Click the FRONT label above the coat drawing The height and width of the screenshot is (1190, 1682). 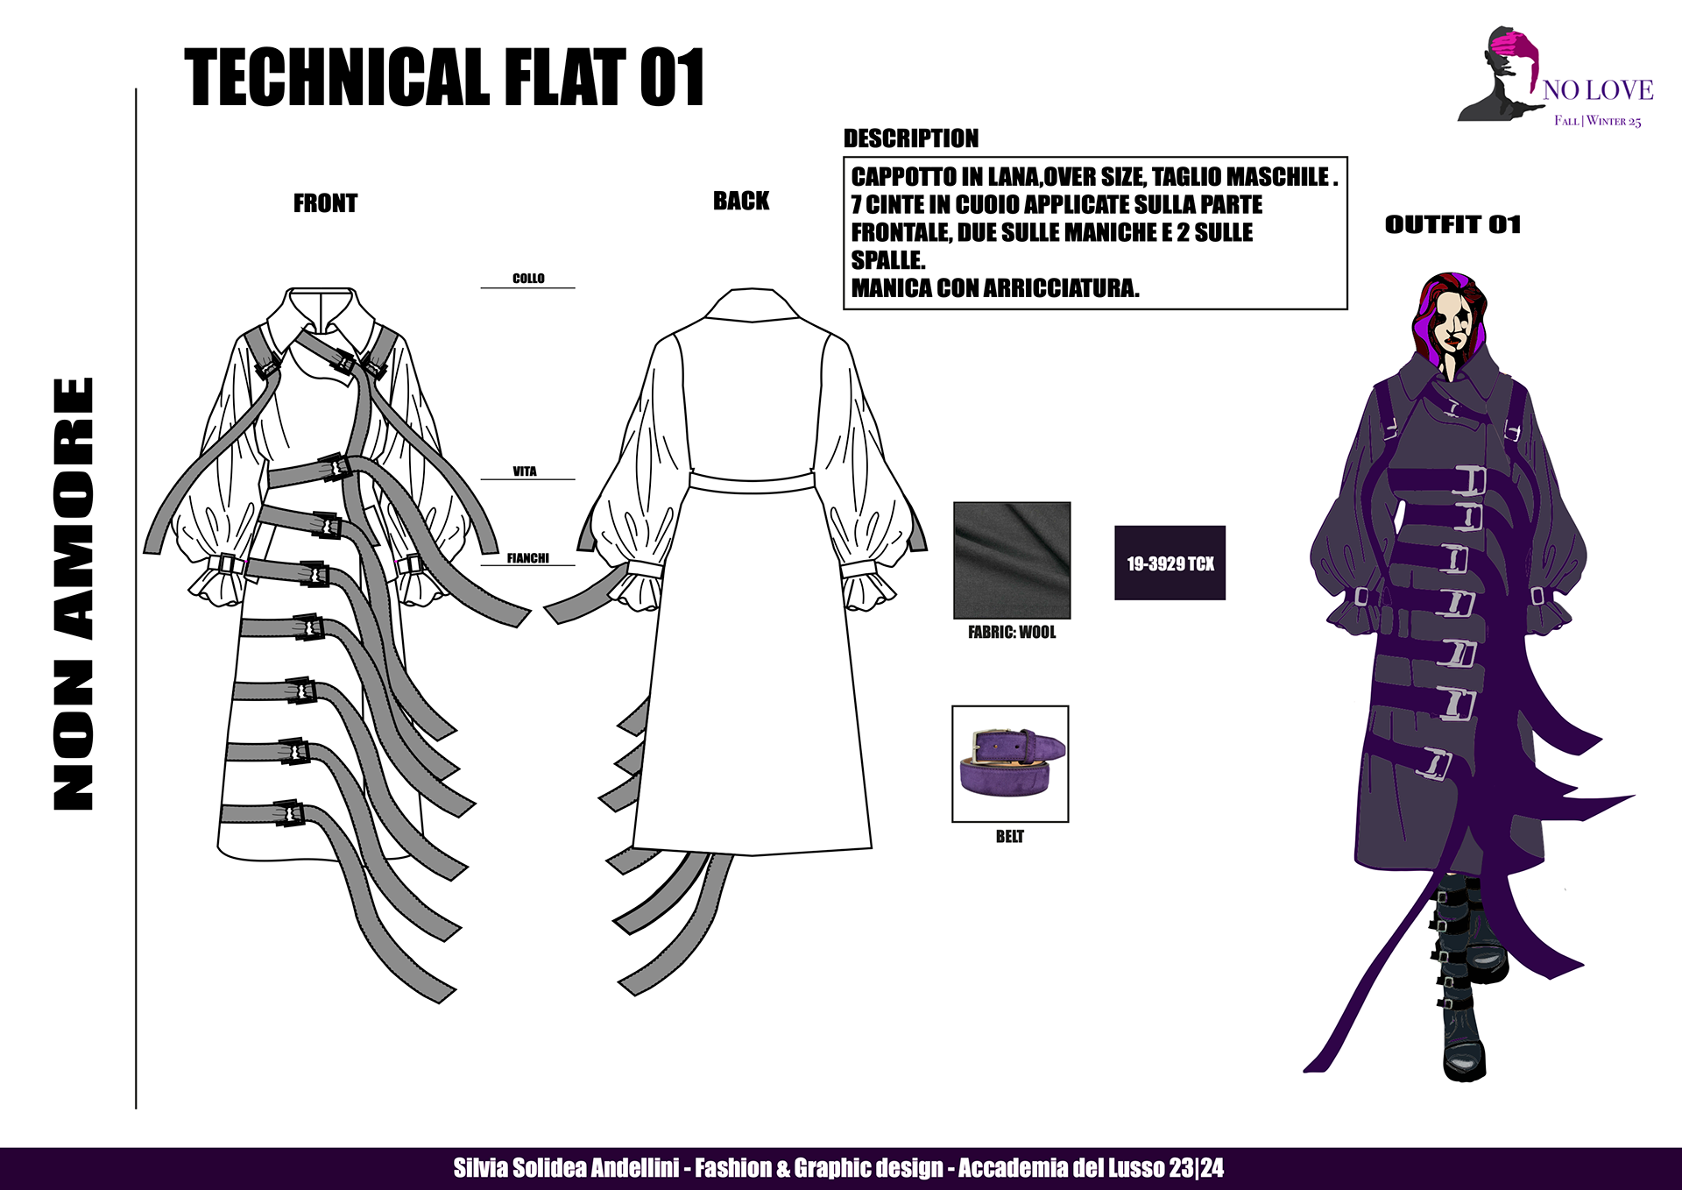(x=325, y=203)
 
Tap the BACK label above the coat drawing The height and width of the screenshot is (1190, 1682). (x=740, y=201)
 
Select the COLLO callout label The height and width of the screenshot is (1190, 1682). (x=528, y=278)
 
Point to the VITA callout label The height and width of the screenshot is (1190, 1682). (x=525, y=471)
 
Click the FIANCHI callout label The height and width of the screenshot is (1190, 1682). (x=527, y=558)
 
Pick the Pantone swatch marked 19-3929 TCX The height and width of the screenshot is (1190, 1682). (x=1170, y=563)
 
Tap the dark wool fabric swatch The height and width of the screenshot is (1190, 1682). (x=1012, y=560)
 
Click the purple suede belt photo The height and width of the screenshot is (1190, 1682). (x=1010, y=763)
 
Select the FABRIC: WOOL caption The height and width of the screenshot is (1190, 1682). (x=1012, y=632)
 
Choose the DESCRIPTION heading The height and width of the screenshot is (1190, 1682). (x=910, y=138)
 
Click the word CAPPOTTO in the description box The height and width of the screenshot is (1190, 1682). (x=903, y=177)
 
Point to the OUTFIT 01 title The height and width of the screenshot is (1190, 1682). (x=1452, y=224)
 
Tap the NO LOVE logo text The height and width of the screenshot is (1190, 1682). (x=1598, y=89)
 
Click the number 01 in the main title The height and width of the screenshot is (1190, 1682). (x=671, y=78)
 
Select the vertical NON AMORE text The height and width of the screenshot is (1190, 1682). (x=74, y=594)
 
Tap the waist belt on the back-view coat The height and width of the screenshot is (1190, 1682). (x=752, y=481)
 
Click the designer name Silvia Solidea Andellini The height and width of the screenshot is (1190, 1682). (x=566, y=1168)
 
